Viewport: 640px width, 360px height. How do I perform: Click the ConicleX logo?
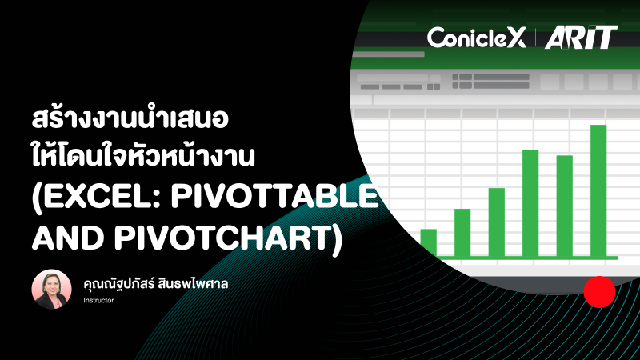(x=476, y=38)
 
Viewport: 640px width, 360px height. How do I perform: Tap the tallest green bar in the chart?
(x=598, y=191)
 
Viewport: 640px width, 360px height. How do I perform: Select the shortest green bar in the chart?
(x=429, y=242)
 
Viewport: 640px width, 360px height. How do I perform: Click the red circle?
(x=598, y=293)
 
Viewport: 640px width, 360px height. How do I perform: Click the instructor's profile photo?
(x=52, y=289)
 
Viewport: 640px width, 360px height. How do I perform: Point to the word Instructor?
(x=99, y=301)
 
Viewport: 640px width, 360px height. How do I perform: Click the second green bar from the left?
(x=462, y=232)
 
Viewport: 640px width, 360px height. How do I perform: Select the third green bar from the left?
(x=496, y=222)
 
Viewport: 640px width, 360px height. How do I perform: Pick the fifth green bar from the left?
(x=565, y=206)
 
